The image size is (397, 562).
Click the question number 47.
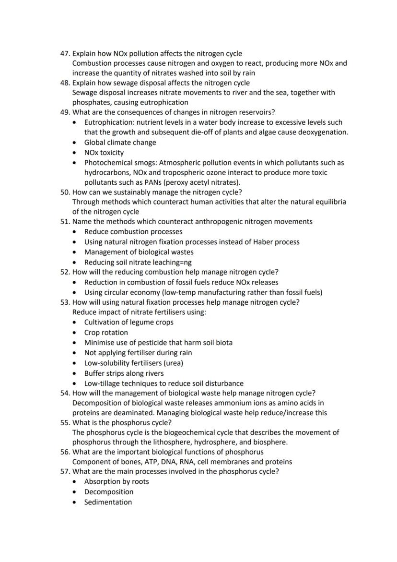(65, 53)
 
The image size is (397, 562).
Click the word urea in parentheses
(174, 363)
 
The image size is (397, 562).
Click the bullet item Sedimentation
(108, 502)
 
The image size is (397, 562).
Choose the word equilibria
(328, 202)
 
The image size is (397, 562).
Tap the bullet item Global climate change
(120, 142)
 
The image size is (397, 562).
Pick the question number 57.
(65, 471)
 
